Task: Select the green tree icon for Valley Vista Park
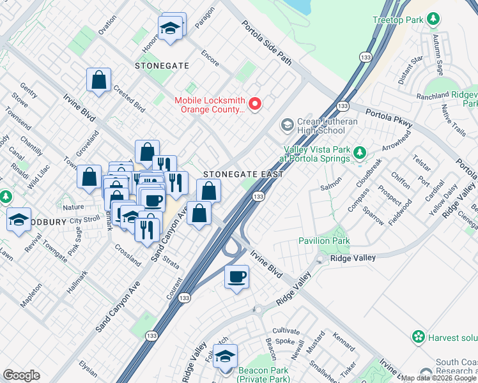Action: [360, 153]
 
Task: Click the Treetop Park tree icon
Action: [434, 20]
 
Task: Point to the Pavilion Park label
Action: [323, 241]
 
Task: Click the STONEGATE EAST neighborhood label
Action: [233, 174]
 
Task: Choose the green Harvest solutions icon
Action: [419, 336]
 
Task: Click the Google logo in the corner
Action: [21, 375]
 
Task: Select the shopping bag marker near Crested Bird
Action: [99, 81]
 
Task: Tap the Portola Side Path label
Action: [266, 43]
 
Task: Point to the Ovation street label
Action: [107, 25]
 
